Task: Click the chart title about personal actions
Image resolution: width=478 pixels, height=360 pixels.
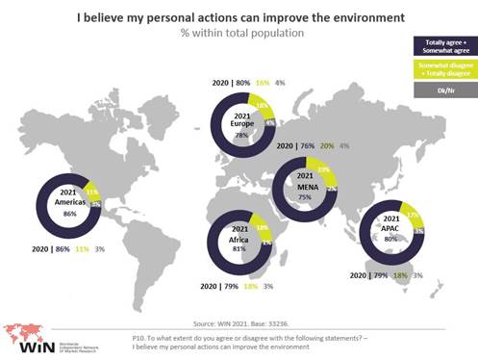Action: click(x=228, y=17)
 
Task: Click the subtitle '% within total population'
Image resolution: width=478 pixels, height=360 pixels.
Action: click(x=228, y=34)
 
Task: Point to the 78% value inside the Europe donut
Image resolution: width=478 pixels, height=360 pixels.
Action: click(x=241, y=136)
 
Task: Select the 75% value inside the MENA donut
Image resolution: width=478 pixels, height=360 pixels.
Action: click(x=304, y=197)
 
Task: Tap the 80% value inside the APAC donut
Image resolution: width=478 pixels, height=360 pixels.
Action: click(x=391, y=239)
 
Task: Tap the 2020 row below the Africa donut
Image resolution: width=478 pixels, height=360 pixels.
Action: click(x=237, y=287)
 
